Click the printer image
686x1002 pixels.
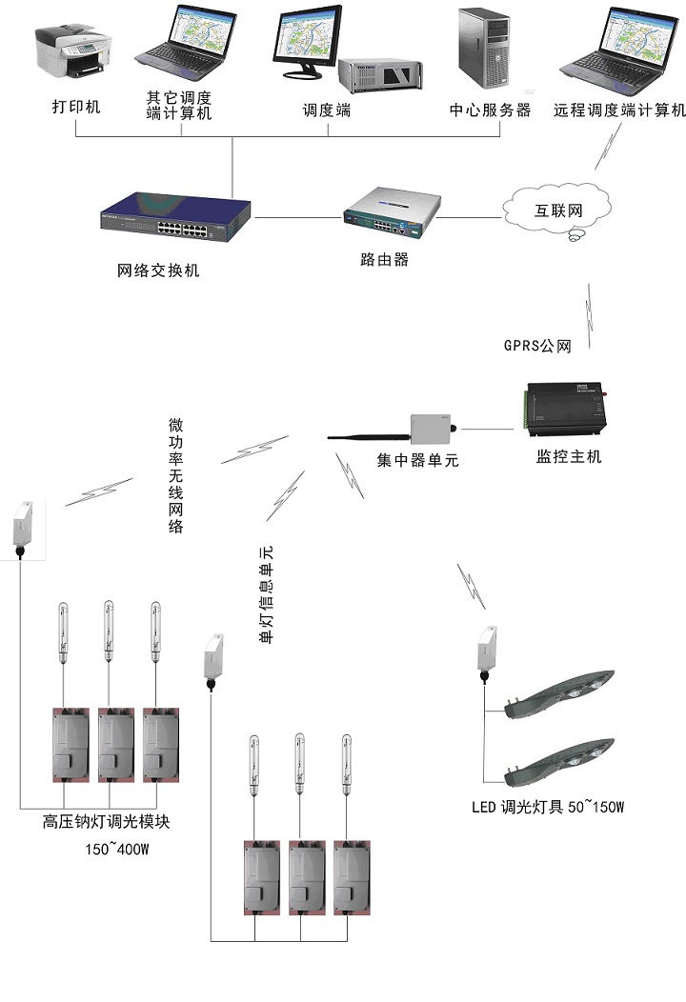[x=73, y=47]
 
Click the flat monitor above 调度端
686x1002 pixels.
[x=312, y=43]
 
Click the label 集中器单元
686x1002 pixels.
[x=417, y=461]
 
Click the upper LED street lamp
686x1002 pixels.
[x=562, y=693]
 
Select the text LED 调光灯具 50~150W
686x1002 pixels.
[x=548, y=808]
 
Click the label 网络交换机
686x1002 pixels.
[x=159, y=271]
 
